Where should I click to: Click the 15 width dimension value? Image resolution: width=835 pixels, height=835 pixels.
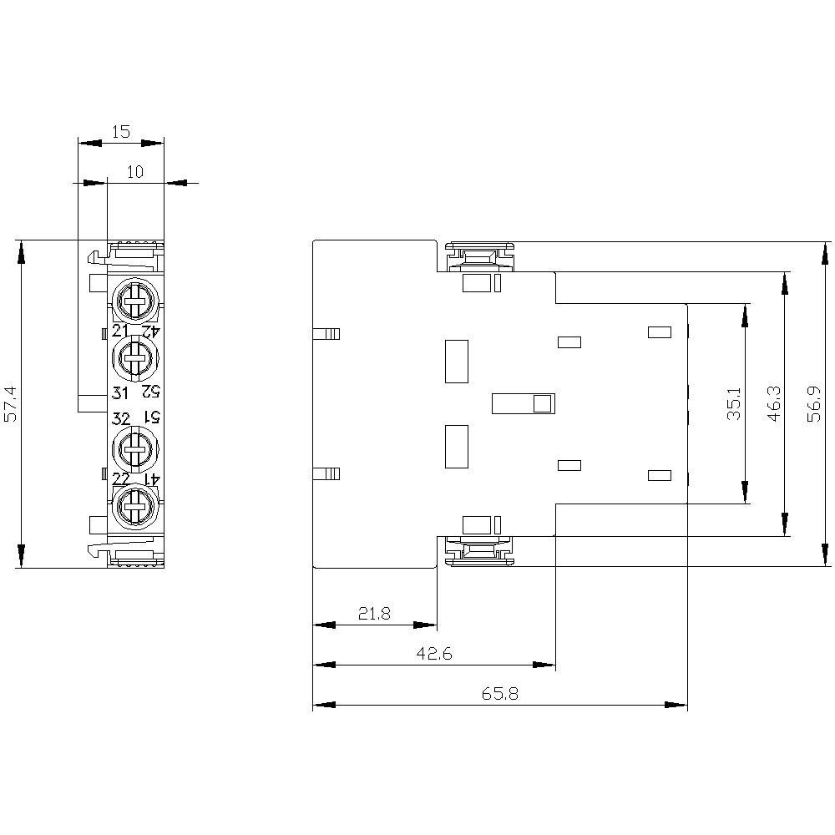tap(121, 131)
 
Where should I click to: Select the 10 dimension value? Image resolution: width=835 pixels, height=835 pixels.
tap(135, 172)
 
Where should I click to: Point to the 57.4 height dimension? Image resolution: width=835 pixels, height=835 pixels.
tap(9, 404)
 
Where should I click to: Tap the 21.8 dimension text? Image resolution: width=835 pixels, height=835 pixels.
tap(374, 614)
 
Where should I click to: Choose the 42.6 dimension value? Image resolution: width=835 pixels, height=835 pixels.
tap(434, 654)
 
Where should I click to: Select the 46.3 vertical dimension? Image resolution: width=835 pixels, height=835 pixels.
tap(774, 403)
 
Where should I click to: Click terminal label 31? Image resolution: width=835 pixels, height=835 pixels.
tap(120, 393)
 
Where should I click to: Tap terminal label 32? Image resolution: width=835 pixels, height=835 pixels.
tap(120, 418)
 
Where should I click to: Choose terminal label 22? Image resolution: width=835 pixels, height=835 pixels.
tap(121, 478)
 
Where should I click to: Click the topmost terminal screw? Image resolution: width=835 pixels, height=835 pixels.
tap(134, 299)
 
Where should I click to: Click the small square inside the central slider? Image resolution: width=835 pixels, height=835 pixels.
tap(542, 404)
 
